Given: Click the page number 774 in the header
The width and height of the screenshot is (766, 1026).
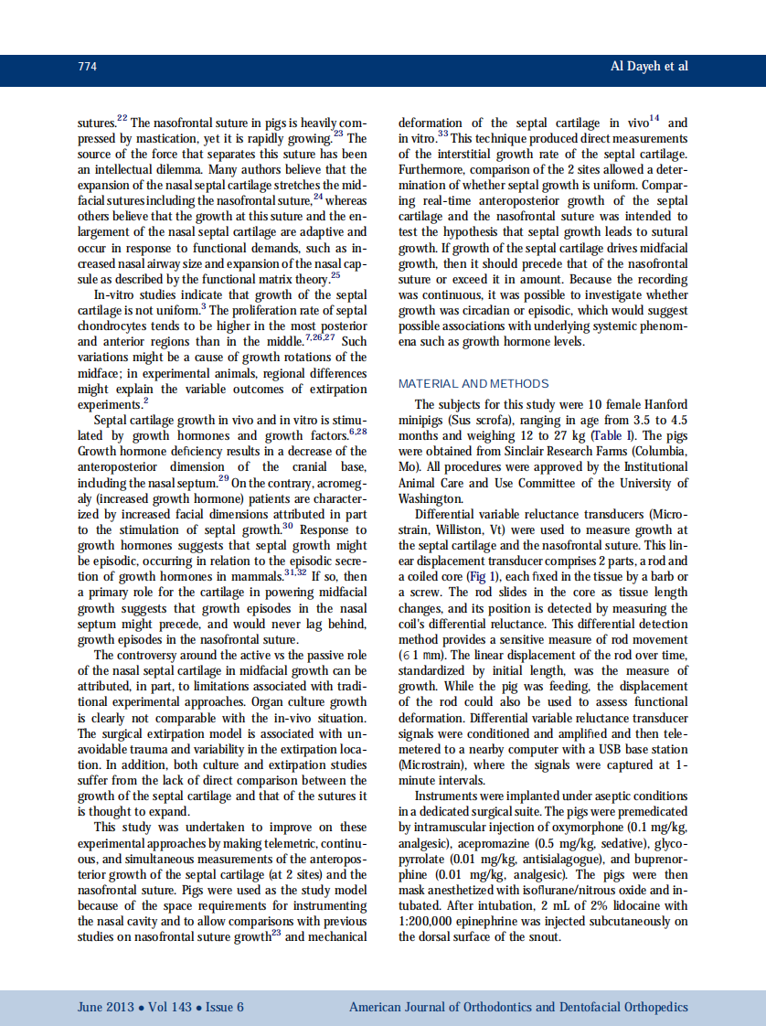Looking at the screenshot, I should [87, 67].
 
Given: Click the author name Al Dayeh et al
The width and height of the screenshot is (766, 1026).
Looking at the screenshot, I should [649, 67].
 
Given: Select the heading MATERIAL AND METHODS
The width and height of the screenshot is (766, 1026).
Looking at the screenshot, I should [473, 383].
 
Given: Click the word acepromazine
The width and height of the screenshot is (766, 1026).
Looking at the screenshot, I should [493, 843].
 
